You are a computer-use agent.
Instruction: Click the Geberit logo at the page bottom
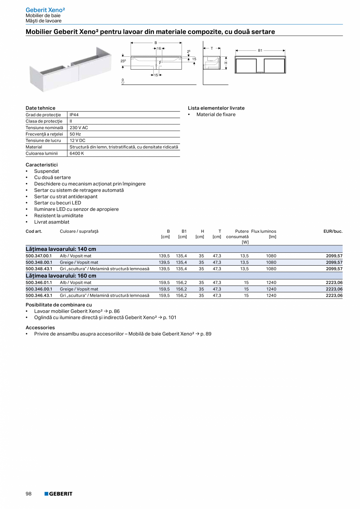click(x=58, y=494)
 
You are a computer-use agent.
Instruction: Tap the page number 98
click(x=29, y=494)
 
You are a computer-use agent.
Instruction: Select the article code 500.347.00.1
click(x=39, y=256)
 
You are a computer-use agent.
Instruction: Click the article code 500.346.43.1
click(x=39, y=295)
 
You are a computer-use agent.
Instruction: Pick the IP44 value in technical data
click(x=74, y=115)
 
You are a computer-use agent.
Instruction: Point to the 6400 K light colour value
click(x=77, y=153)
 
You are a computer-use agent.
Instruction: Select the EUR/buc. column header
click(x=333, y=231)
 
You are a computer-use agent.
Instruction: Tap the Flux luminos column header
click(x=264, y=231)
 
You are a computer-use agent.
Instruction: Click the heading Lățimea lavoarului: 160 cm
click(x=61, y=275)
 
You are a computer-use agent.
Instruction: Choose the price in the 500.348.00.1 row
click(x=334, y=263)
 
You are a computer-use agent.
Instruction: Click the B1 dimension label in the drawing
click(x=260, y=50)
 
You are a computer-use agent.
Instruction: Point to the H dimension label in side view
click(x=226, y=63)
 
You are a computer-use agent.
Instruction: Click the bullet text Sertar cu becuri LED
click(x=58, y=203)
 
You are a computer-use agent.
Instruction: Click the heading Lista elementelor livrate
click(x=216, y=108)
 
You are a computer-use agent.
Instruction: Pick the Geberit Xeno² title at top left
click(x=45, y=9)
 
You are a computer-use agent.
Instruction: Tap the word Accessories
click(x=40, y=327)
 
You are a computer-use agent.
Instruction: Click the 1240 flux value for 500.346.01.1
click(x=271, y=282)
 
